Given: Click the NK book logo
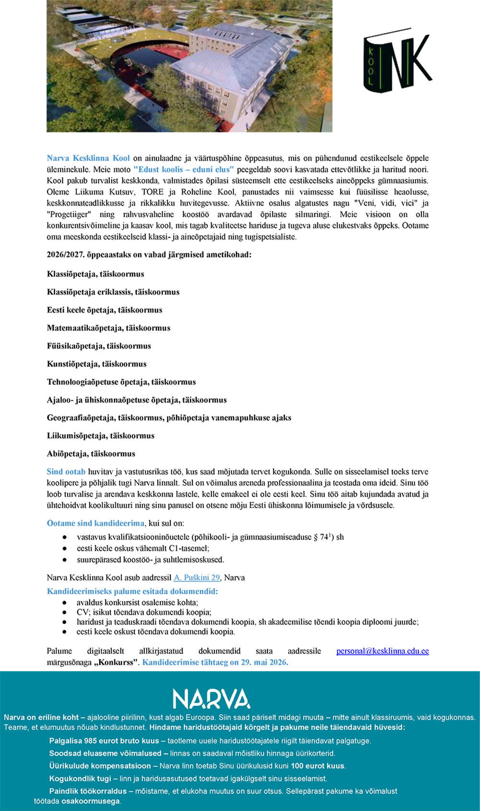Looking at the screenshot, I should (x=398, y=59).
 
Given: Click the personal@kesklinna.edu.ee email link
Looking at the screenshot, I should (x=382, y=651).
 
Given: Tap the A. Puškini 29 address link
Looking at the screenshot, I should (x=197, y=578).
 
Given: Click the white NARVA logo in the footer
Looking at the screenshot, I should (x=211, y=699).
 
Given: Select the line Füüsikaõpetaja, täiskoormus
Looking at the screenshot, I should (x=99, y=346).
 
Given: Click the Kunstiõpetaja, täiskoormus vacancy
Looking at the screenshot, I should (x=96, y=364).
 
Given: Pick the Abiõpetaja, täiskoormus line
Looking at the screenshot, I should (x=91, y=453).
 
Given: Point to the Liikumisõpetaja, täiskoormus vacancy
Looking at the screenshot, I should (x=100, y=436).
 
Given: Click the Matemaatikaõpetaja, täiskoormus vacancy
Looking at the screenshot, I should (x=108, y=328).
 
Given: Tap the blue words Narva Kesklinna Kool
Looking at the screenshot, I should (x=88, y=158).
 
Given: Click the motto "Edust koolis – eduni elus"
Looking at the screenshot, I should (x=184, y=169).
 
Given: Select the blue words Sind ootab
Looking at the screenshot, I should (x=66, y=472).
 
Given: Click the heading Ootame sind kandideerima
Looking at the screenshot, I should (x=95, y=523).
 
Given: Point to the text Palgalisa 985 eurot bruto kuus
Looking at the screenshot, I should (x=104, y=741).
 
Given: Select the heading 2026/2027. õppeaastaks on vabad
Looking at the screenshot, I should (x=149, y=255).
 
